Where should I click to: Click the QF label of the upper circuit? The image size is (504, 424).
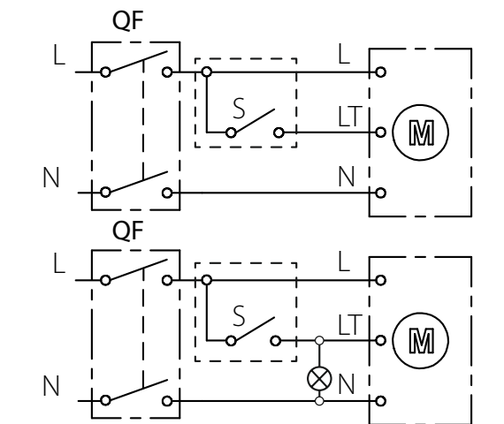click(x=127, y=21)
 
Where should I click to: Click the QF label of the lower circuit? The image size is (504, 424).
click(x=127, y=231)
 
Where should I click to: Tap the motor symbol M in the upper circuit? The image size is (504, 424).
click(x=420, y=132)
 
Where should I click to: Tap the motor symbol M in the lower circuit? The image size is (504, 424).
click(x=420, y=340)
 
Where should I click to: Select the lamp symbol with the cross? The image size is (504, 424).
click(x=319, y=378)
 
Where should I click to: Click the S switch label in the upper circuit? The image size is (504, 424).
click(x=239, y=109)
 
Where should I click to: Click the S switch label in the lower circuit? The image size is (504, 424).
click(x=239, y=316)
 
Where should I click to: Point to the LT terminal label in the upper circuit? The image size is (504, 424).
click(x=350, y=117)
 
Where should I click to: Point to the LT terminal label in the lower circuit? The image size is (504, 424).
click(x=350, y=325)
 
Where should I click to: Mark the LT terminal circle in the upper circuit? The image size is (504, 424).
click(x=380, y=132)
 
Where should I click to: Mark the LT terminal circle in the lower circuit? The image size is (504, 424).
click(x=380, y=340)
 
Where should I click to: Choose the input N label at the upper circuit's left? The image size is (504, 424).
click(x=51, y=178)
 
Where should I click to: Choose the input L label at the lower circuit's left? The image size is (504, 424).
click(x=59, y=262)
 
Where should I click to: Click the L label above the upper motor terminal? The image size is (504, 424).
click(x=344, y=54)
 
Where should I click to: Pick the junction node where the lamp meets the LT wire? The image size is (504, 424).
click(x=319, y=340)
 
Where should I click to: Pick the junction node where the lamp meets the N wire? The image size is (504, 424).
click(x=319, y=401)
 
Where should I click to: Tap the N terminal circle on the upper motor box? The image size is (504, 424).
click(x=380, y=193)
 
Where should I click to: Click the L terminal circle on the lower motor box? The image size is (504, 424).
click(x=380, y=280)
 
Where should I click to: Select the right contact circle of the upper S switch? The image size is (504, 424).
click(x=279, y=132)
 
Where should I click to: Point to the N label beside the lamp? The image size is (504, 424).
click(x=347, y=384)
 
